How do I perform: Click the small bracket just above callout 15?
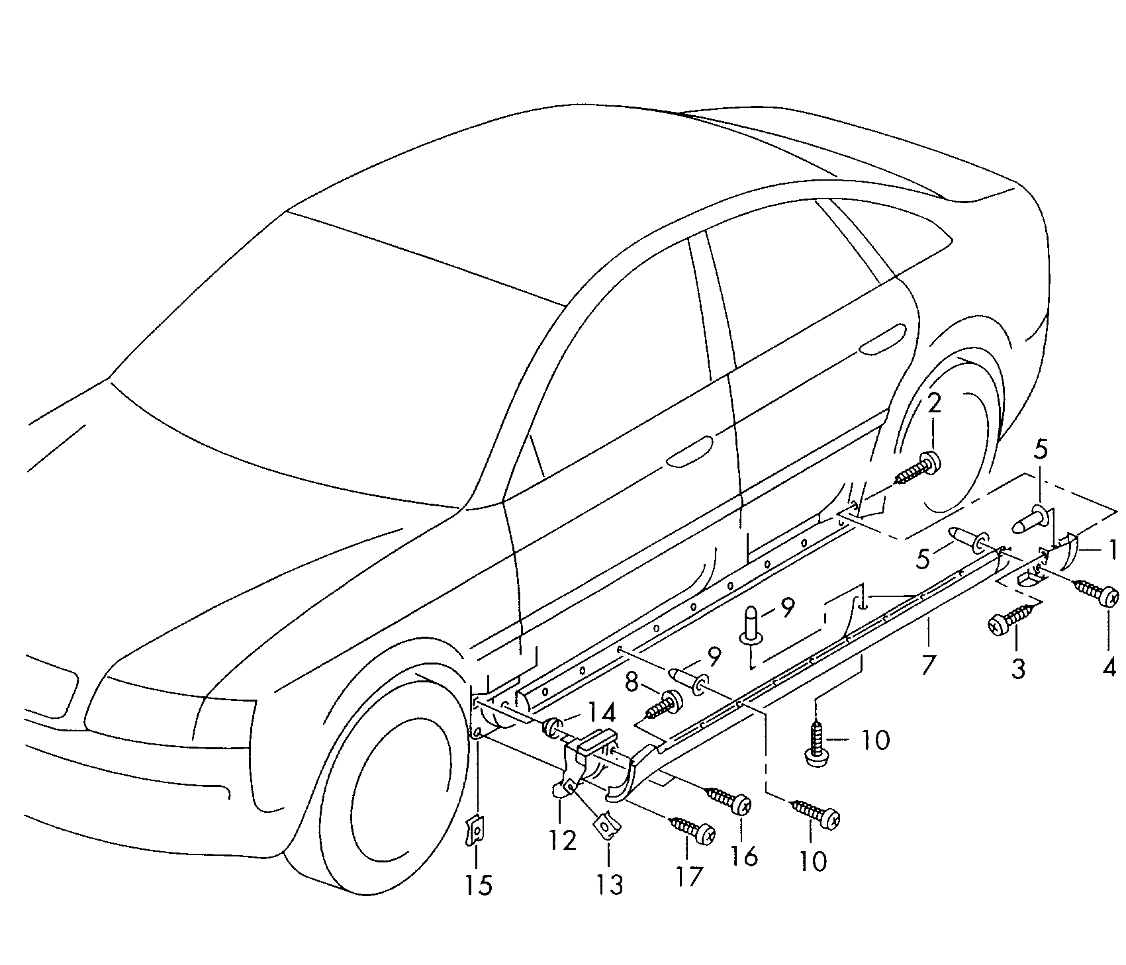coord(475,830)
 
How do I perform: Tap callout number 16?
coord(744,856)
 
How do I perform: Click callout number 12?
coord(562,840)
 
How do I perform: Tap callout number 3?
coord(1017,668)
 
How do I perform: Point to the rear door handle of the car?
coord(882,338)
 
